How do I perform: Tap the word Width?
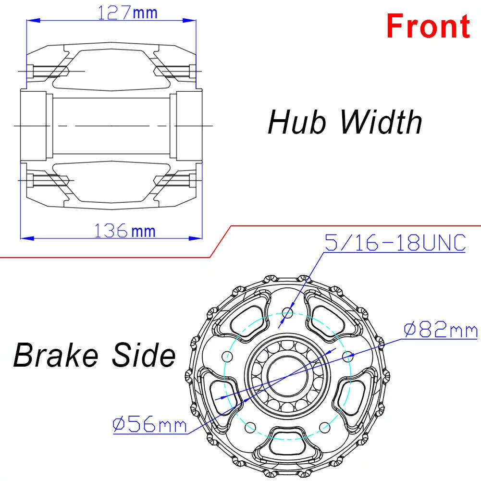[382, 122]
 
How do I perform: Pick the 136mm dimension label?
[124, 231]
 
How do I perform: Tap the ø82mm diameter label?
[441, 331]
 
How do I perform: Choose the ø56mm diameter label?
[149, 425]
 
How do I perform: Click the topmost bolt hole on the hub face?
[288, 313]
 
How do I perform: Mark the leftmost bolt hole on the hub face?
[228, 357]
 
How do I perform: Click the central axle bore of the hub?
[288, 376]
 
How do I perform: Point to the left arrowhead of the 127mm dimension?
[29, 20]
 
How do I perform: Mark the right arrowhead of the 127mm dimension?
[192, 20]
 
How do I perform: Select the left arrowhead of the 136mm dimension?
[25, 238]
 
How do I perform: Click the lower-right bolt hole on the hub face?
[325, 427]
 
